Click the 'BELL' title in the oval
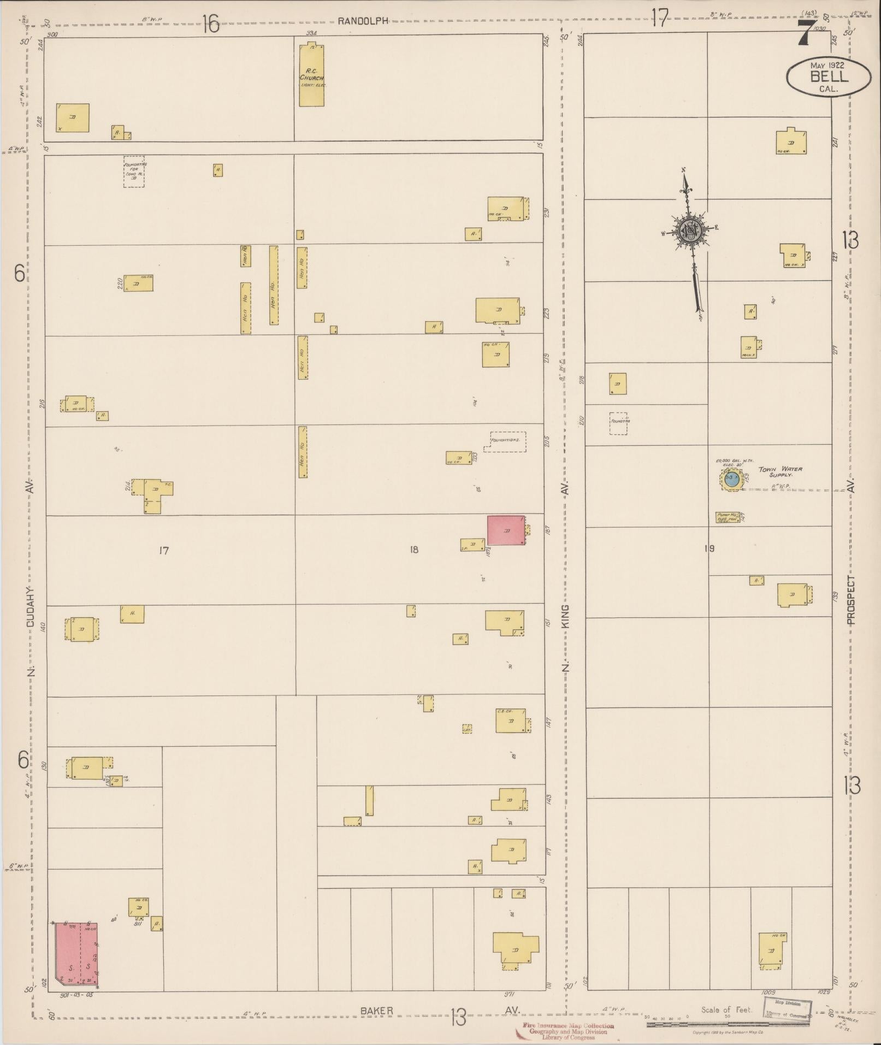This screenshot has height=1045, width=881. (x=829, y=76)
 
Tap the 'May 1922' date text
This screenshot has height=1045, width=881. (x=827, y=64)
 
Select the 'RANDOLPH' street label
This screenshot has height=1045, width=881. (x=363, y=21)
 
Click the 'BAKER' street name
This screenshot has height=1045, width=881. (x=376, y=1011)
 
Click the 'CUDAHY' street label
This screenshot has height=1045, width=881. (x=31, y=606)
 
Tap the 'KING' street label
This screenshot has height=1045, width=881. (x=565, y=622)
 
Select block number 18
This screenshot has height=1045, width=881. (x=414, y=550)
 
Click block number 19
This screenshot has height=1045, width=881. (x=709, y=548)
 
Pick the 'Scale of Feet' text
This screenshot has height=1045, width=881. (x=729, y=1009)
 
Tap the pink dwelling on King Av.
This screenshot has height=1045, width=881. (x=506, y=530)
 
